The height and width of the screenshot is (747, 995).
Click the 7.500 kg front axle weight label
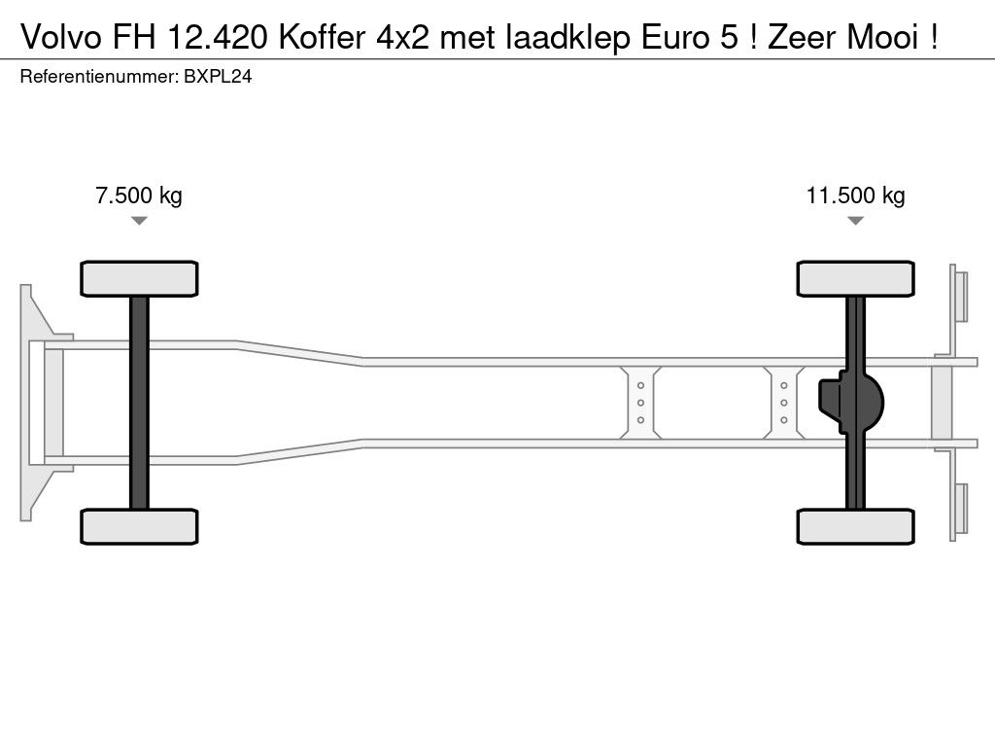(139, 196)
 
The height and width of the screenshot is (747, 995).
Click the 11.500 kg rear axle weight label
(855, 196)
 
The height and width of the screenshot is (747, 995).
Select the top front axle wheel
(139, 278)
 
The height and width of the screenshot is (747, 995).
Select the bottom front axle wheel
(139, 526)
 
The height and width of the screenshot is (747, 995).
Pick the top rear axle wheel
(855, 278)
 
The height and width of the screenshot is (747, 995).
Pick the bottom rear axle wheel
(855, 526)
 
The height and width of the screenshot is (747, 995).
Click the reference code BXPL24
(219, 78)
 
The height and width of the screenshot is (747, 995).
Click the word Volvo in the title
(53, 38)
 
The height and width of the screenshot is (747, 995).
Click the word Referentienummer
(97, 78)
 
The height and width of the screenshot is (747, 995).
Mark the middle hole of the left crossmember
(641, 403)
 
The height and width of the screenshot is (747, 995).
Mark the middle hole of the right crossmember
(783, 403)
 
